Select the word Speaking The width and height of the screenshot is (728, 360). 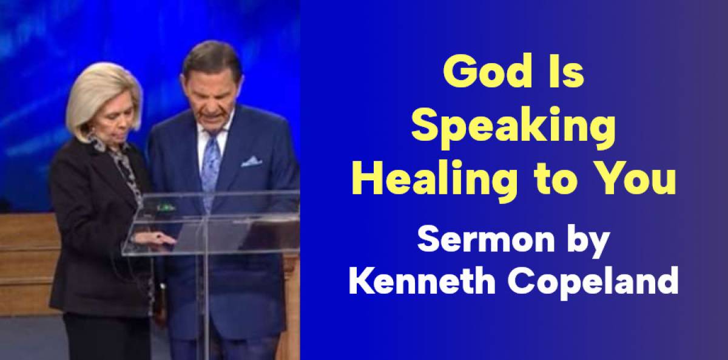click(x=513, y=129)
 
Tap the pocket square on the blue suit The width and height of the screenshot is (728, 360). click(x=251, y=161)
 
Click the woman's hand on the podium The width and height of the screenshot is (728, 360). click(x=156, y=240)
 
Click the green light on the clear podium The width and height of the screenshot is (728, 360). click(x=162, y=207)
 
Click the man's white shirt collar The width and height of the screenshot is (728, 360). click(x=213, y=132)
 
